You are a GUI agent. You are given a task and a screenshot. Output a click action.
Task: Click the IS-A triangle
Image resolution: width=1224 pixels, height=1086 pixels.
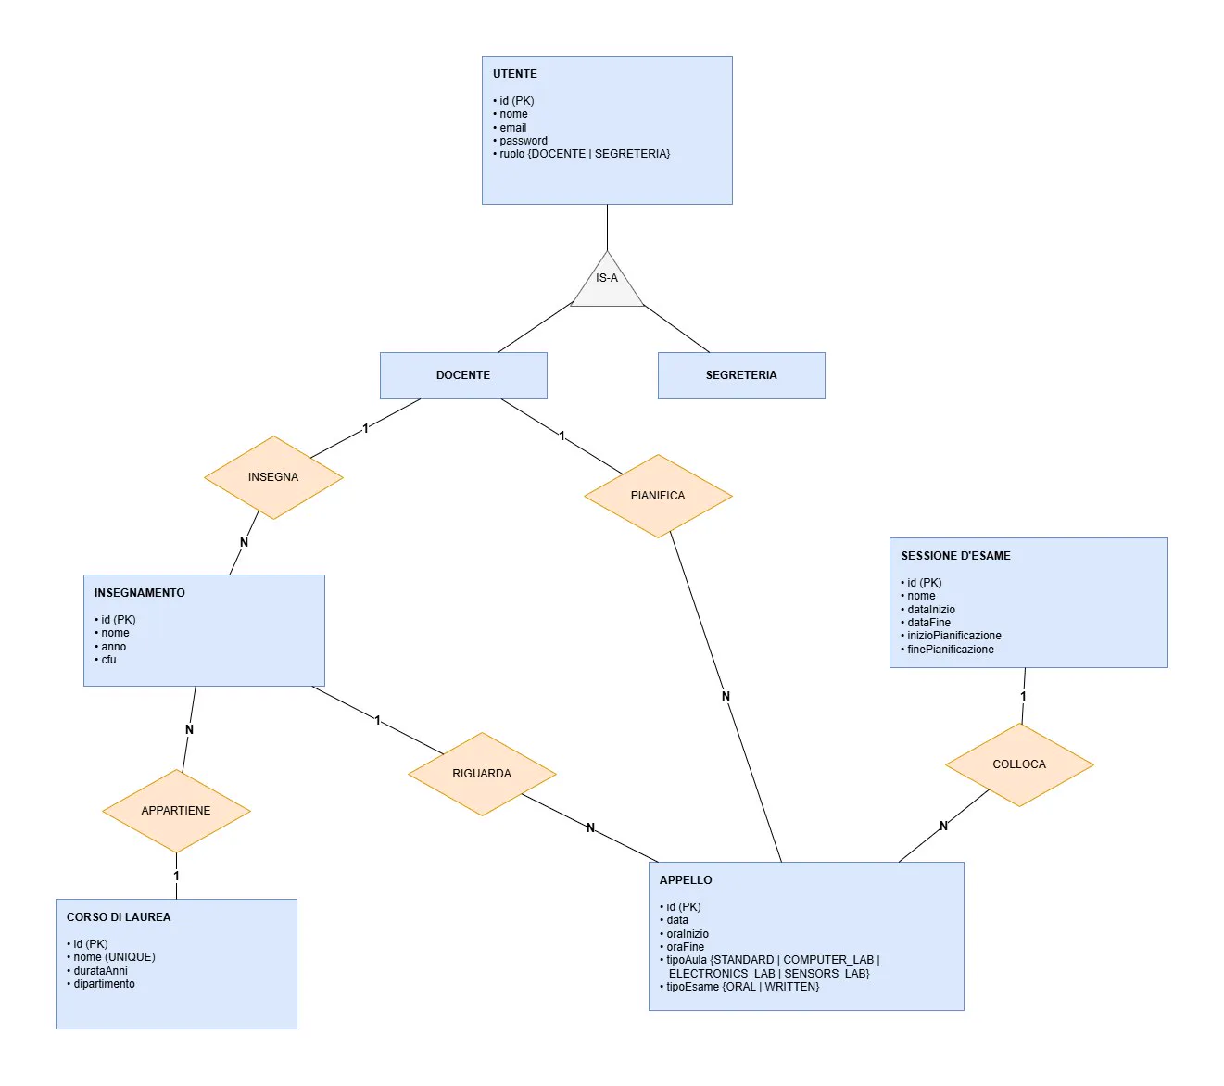point(607,284)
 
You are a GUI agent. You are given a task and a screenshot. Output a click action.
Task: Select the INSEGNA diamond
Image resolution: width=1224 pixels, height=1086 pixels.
point(273,477)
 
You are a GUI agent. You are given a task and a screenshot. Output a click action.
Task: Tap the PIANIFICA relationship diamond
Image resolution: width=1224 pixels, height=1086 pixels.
point(658,496)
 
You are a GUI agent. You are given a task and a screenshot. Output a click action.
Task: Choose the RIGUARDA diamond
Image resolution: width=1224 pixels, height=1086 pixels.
point(482,774)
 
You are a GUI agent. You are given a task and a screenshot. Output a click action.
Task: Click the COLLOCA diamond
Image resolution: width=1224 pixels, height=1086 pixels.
point(1019,765)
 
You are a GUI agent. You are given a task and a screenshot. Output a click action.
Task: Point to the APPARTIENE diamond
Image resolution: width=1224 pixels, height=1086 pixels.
point(176,811)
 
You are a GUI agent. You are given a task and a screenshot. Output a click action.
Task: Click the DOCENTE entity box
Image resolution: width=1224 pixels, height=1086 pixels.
point(463,376)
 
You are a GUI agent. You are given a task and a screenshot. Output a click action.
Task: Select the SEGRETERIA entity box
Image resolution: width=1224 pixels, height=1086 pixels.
point(741,376)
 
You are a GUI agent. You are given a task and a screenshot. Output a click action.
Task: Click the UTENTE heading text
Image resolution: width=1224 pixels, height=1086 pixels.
point(515,74)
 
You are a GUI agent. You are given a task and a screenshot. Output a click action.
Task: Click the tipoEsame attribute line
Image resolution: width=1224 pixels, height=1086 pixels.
point(739,987)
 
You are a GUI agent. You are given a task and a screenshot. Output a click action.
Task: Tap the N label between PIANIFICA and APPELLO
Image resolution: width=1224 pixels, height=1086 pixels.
point(726,696)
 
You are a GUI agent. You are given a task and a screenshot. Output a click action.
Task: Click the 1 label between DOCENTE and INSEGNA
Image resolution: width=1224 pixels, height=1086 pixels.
point(365,428)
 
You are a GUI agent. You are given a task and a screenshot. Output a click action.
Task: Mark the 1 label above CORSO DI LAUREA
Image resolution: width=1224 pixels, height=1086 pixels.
point(176,876)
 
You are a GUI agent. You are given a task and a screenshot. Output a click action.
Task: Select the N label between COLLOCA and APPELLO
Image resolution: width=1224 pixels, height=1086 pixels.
point(943,826)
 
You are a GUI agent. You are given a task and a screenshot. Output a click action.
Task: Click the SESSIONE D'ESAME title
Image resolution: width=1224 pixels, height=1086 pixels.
point(956,556)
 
